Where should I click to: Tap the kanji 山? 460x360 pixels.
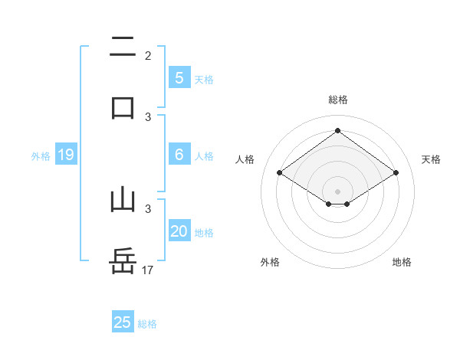point(123,200)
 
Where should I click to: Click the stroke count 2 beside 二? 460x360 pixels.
point(148,56)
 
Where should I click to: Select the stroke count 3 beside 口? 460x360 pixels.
point(148,116)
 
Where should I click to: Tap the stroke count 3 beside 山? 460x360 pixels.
point(148,208)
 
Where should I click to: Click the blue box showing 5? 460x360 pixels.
point(179,77)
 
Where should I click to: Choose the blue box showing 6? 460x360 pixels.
point(179,155)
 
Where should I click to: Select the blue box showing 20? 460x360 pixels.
point(179,231)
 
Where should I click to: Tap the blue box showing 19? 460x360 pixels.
point(66,155)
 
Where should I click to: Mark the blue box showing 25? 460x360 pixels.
point(123,322)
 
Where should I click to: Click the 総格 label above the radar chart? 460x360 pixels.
point(337,100)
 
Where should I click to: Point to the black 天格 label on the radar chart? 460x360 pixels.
point(432,159)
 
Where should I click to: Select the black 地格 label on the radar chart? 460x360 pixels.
point(402,262)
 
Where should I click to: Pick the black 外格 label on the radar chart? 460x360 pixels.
point(270,262)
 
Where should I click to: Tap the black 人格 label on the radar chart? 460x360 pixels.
point(245,159)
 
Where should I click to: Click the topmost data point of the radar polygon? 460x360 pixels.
point(337,131)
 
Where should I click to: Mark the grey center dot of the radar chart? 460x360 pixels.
point(337,191)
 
